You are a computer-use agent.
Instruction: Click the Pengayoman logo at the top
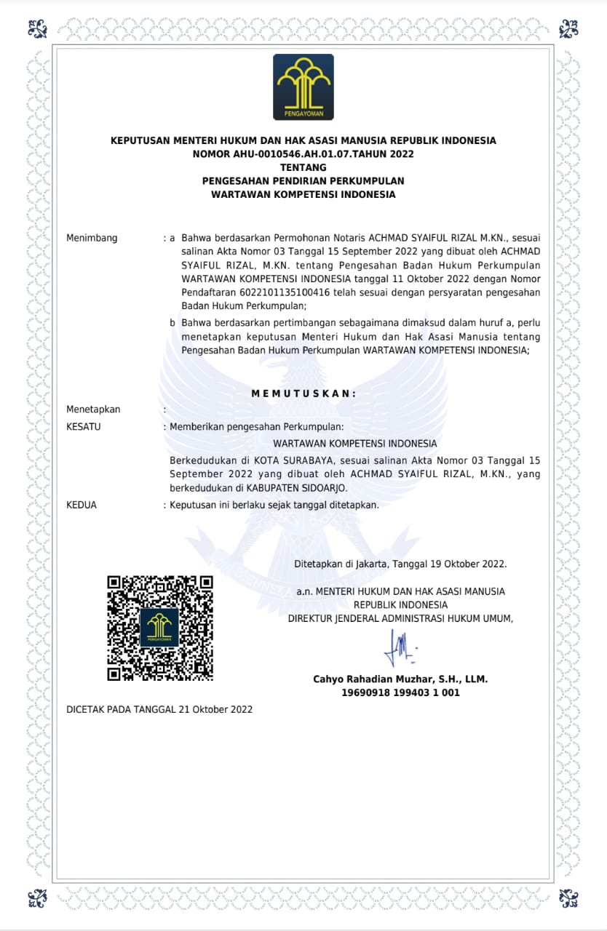[x=303, y=87]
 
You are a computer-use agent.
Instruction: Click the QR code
[x=160, y=628]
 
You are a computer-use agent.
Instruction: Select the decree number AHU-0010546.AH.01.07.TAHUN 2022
[x=303, y=153]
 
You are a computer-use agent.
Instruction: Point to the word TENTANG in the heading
[x=303, y=167]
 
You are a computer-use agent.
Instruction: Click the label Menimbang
[x=92, y=238]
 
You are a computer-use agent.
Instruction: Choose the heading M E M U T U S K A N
[x=303, y=393]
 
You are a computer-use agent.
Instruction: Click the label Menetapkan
[x=93, y=409]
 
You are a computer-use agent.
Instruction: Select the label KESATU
[x=84, y=427]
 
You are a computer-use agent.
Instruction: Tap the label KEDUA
[x=82, y=505]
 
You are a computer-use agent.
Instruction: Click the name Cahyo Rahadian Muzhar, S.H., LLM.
[x=400, y=679]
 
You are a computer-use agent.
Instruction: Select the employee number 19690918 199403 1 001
[x=400, y=693]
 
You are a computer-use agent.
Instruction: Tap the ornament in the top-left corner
[x=37, y=28]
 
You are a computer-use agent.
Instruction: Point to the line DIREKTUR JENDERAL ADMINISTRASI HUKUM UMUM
[x=400, y=618]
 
